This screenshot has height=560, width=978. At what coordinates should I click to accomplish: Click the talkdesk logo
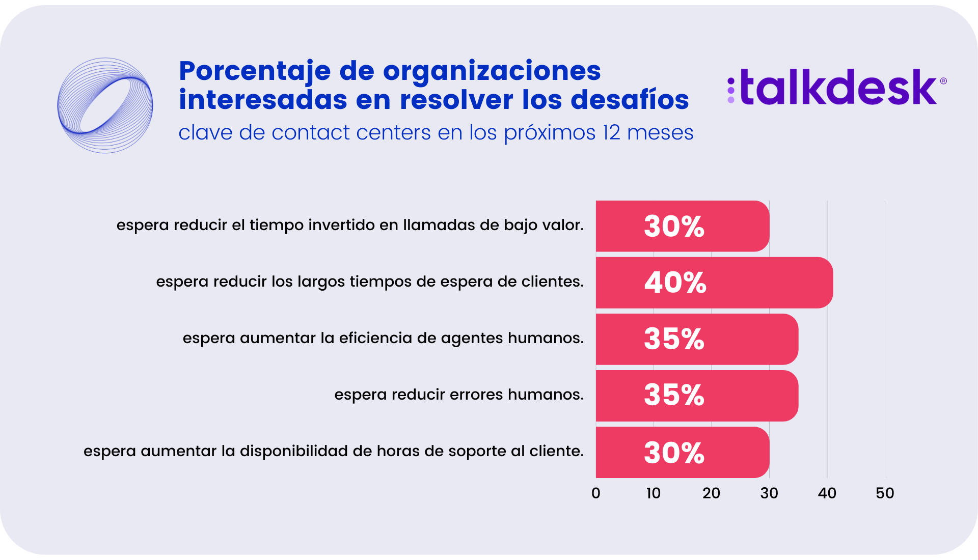tap(836, 88)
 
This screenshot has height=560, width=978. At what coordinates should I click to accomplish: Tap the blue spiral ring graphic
tap(105, 105)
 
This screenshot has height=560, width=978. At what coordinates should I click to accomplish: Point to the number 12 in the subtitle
tap(611, 133)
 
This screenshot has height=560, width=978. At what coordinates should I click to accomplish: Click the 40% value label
tap(675, 283)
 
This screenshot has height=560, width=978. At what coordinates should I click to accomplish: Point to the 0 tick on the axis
tap(596, 493)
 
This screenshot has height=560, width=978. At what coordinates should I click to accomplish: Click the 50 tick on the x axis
tap(885, 493)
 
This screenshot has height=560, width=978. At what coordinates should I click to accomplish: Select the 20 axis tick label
tap(711, 493)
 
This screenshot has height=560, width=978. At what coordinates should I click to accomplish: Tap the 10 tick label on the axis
tap(653, 493)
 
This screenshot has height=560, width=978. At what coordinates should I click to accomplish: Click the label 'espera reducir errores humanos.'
tap(458, 395)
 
